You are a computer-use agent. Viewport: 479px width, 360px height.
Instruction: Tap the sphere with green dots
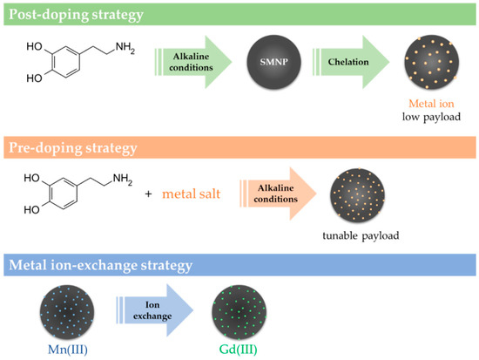click(238, 309)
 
